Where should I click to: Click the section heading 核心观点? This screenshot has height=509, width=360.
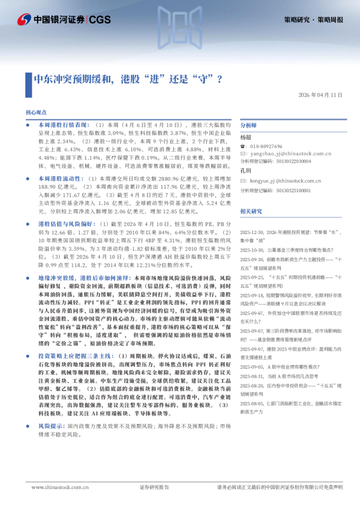(36, 112)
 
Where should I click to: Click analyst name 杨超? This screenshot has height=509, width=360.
(246, 137)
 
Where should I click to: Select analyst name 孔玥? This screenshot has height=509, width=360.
(246, 171)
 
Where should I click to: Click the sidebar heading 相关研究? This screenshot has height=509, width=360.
(251, 211)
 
